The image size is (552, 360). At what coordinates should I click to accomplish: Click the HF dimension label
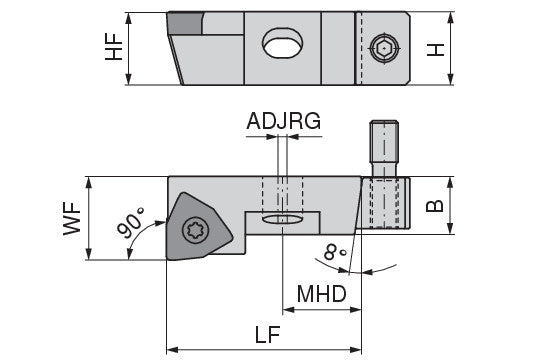pos(114,47)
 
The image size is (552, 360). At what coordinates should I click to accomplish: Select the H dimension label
pos(435,50)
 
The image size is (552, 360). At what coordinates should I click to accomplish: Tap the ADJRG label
pos(284,121)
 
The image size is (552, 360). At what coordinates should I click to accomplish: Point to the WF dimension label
pos(72,218)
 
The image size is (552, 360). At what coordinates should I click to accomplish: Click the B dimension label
pos(435,206)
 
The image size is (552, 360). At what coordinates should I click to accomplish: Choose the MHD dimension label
pos(322,294)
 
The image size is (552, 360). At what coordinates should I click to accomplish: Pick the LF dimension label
pos(268,334)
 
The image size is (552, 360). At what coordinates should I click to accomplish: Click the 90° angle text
pos(130,223)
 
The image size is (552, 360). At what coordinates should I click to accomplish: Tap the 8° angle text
pos(335,252)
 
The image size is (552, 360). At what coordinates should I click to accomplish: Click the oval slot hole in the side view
pos(282,43)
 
